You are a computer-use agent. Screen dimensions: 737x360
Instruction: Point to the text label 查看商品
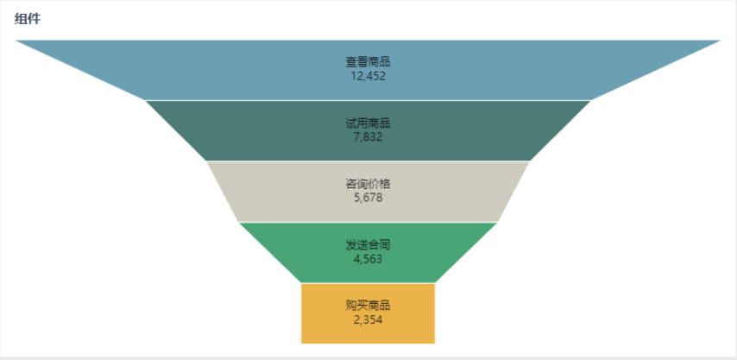click(x=368, y=61)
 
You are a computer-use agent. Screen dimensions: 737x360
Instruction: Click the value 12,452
click(x=368, y=76)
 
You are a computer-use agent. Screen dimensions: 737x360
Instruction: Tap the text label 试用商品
click(x=368, y=123)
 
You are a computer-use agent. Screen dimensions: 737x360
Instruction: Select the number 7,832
click(x=368, y=136)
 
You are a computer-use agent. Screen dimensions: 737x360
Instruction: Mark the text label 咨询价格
click(x=368, y=184)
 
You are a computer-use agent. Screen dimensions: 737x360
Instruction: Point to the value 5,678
click(x=368, y=198)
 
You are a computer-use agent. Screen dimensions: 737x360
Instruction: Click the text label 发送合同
click(x=368, y=244)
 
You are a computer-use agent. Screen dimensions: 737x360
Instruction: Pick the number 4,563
click(x=368, y=258)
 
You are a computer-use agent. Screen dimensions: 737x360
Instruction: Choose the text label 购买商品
click(x=368, y=306)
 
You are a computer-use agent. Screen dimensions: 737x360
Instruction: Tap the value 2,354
click(x=368, y=319)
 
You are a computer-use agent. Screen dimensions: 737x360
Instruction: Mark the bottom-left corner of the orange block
click(x=303, y=342)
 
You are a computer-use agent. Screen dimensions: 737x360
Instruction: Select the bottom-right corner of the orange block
click(x=433, y=342)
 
